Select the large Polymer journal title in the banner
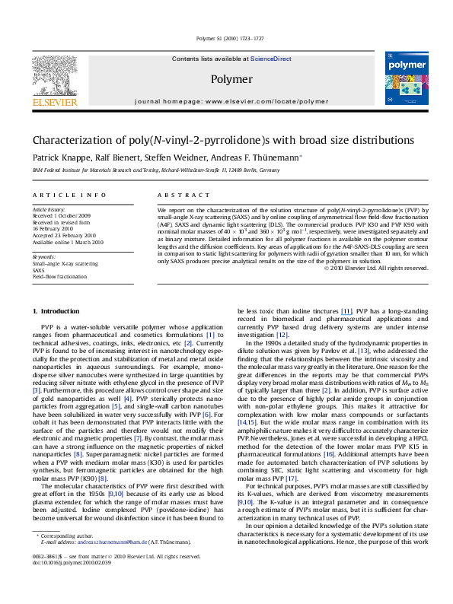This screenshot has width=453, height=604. click(x=226, y=78)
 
